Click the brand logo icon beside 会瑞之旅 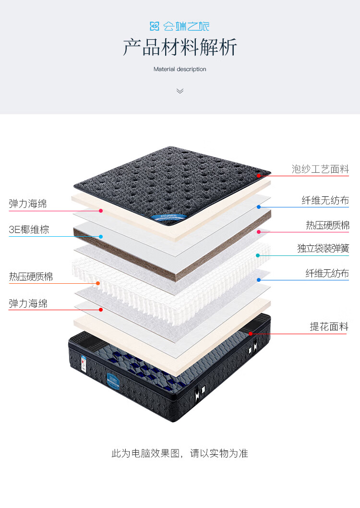pos(155,26)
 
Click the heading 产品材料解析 pos(180,48)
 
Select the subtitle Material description pos(180,69)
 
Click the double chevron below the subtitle pos(180,91)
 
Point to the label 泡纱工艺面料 pos(320,169)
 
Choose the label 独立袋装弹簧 pos(323,248)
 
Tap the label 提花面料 pos(329,327)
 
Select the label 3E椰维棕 pos(29,229)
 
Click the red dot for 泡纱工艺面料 pos(258,176)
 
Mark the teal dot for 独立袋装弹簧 pos(258,255)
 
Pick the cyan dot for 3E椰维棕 pos(101,236)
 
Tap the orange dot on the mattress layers pos(98,283)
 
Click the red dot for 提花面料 pos(251,333)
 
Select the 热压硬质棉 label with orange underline pos(31,277)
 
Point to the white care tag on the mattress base pos(83,363)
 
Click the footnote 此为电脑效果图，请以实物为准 pos(180,453)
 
